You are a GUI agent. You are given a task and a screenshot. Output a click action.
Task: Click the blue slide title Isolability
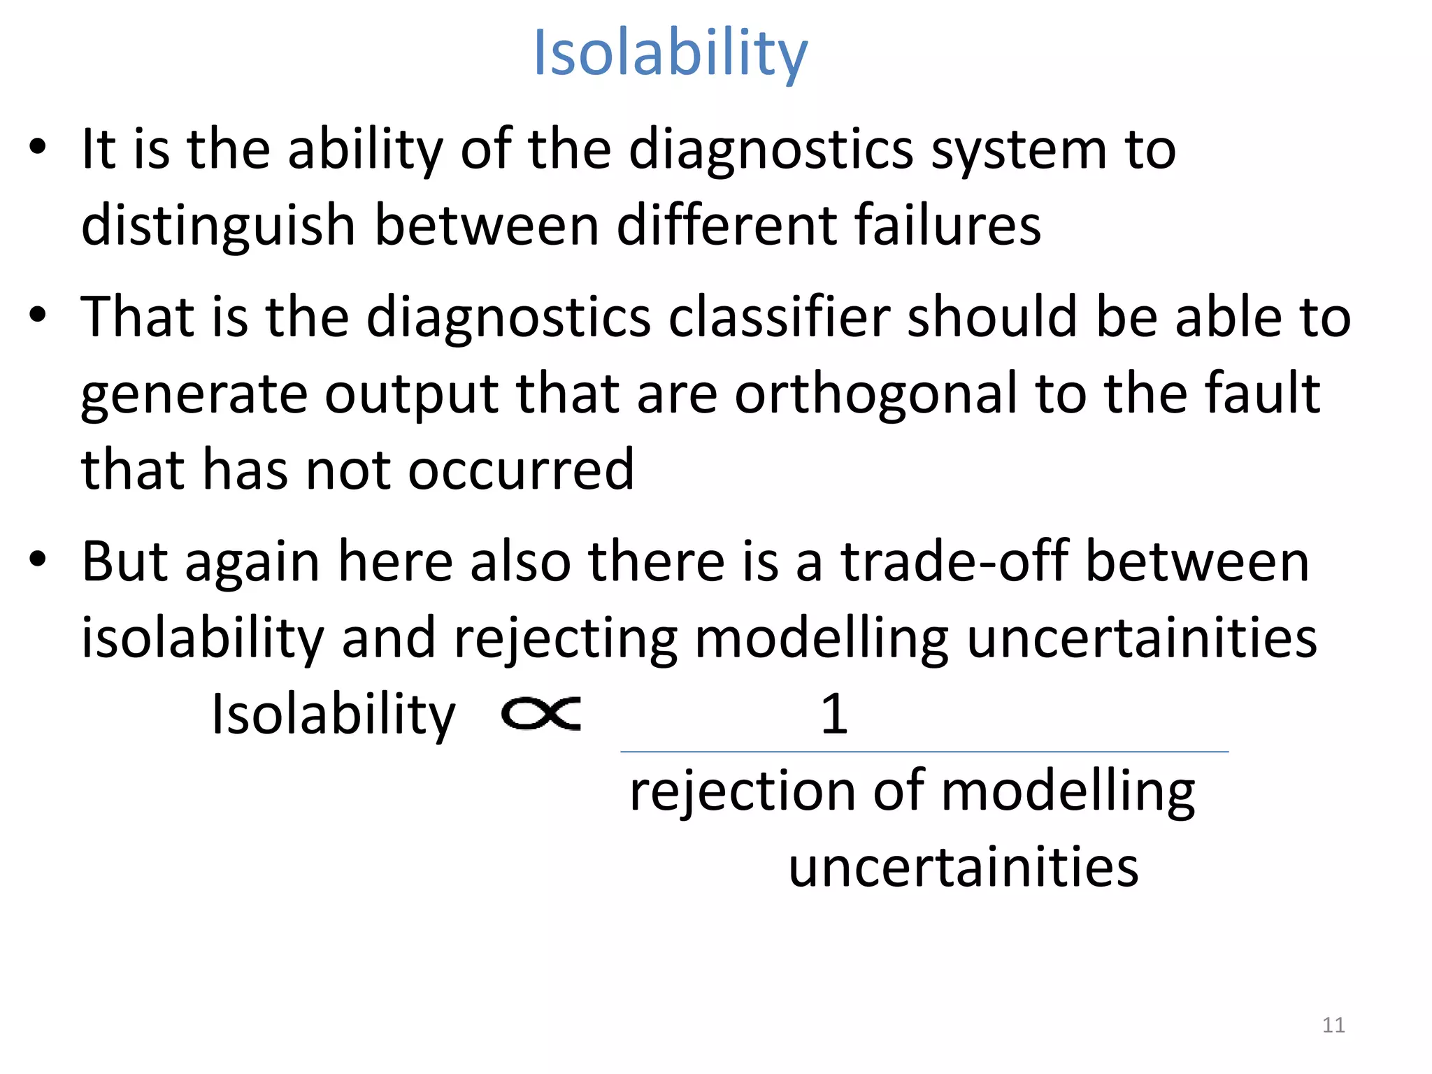[x=670, y=54]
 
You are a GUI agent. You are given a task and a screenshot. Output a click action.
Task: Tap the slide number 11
[x=1333, y=1025]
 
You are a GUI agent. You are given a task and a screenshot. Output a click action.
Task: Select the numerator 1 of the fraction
[x=834, y=714]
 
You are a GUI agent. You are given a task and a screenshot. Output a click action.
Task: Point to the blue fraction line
[x=924, y=752]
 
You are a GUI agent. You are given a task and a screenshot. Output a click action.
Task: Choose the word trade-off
[x=954, y=561]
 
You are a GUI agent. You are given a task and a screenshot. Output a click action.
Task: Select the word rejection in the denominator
[x=742, y=792]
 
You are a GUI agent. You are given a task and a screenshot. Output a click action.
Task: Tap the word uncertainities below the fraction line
[x=964, y=867]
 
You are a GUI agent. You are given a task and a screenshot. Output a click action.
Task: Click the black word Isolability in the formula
[x=334, y=714]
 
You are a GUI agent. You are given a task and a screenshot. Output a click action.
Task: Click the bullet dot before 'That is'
[x=38, y=315]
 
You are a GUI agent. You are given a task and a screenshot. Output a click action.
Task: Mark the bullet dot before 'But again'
[x=38, y=560]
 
